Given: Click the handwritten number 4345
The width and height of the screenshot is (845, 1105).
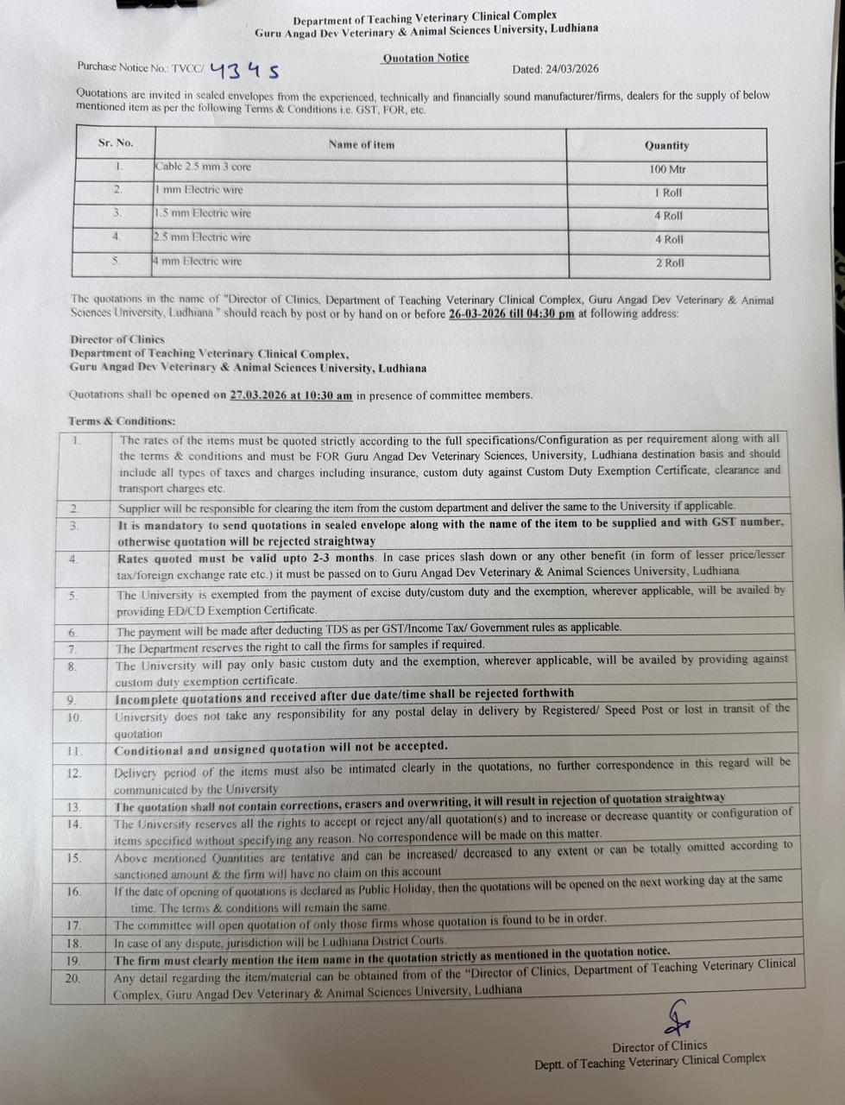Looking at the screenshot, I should (x=244, y=70).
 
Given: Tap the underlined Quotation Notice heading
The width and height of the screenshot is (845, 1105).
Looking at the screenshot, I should (x=426, y=58).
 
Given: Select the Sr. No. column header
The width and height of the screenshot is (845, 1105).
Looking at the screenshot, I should (x=116, y=143).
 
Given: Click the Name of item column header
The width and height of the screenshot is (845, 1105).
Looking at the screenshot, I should (x=361, y=145).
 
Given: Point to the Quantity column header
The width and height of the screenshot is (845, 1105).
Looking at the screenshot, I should (x=666, y=146).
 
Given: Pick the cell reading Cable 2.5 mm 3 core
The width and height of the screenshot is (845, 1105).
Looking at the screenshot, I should (x=203, y=167).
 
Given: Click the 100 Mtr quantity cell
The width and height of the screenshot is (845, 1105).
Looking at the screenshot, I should (x=667, y=169).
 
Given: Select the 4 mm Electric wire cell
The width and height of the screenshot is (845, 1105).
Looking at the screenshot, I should (x=198, y=261).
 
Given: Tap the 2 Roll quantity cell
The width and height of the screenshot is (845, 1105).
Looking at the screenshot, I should (x=669, y=262).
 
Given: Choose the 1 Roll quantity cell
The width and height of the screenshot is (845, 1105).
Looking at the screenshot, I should (x=668, y=193).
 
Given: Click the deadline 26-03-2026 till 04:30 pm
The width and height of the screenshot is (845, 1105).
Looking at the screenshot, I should (x=511, y=314).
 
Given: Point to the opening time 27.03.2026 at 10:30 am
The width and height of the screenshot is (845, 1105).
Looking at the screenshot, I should (x=292, y=395).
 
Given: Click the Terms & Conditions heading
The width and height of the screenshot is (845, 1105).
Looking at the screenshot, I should (x=122, y=421).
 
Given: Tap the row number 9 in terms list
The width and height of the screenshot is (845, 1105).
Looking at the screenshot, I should (x=71, y=700).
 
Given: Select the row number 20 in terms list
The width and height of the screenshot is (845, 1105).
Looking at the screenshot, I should (x=73, y=978).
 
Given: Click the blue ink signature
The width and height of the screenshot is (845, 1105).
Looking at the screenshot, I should (x=676, y=1019).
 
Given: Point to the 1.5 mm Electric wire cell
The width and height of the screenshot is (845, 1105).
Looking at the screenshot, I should (x=203, y=213).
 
